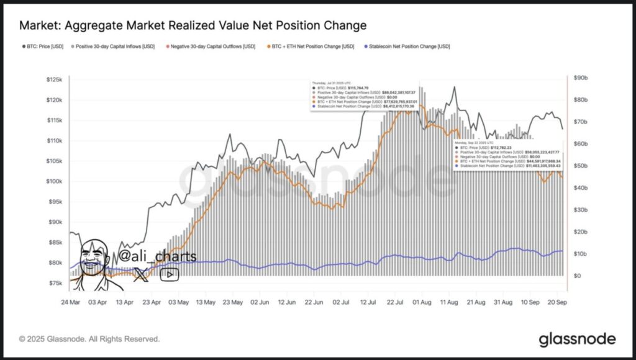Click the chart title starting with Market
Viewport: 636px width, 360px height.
[x=193, y=25]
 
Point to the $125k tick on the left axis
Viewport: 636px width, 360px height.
[x=55, y=80]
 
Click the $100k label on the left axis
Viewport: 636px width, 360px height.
[x=55, y=181]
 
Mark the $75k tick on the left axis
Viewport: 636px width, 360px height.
[x=56, y=283]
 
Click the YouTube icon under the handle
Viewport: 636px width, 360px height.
[x=169, y=274]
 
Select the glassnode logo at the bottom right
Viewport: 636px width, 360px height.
[x=577, y=339]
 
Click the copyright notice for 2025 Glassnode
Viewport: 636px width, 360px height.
[x=89, y=340]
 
